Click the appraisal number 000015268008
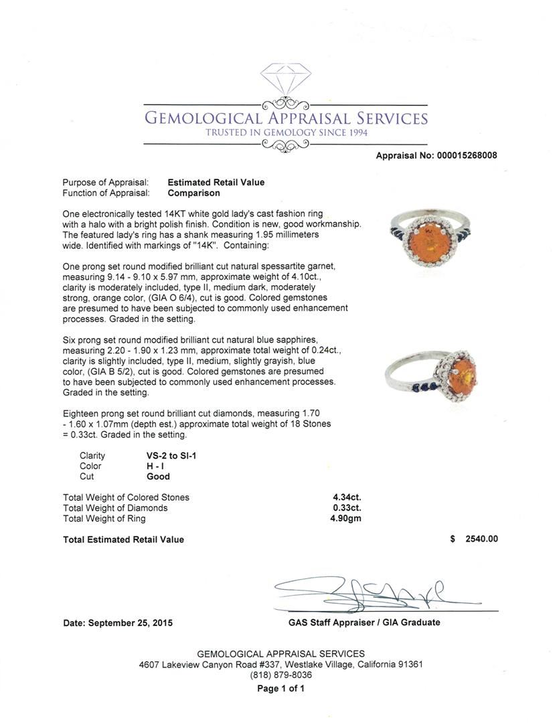click(x=467, y=155)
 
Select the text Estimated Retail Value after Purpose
click(x=216, y=182)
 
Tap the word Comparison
click(x=193, y=193)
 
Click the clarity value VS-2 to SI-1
click(x=171, y=455)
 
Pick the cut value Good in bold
click(x=158, y=477)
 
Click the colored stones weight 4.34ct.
click(x=347, y=497)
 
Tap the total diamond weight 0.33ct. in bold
click(x=347, y=508)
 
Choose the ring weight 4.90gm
click(x=347, y=519)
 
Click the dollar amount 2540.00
click(x=481, y=540)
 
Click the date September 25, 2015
click(x=118, y=623)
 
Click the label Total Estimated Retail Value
click(x=123, y=540)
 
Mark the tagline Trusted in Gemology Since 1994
click(x=286, y=133)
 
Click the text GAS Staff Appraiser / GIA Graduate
click(x=364, y=622)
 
